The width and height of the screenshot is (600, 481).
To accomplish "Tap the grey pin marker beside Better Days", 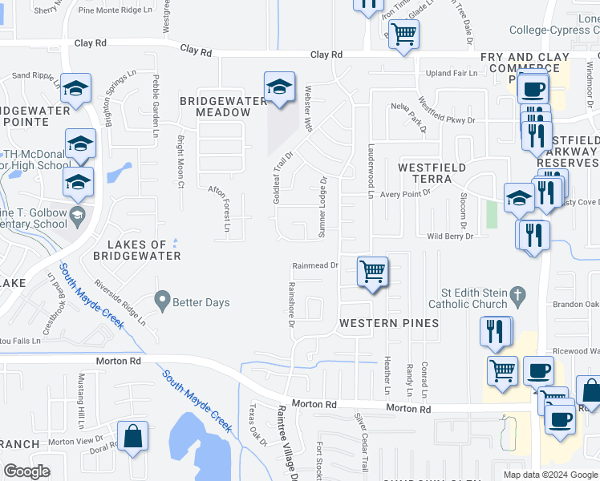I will pos(163,302).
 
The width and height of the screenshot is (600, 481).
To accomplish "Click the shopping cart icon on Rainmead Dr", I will pos(373,272).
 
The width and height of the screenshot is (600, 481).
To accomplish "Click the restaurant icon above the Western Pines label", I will pos(495,330).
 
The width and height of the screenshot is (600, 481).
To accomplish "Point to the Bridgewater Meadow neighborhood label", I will pos(223,107).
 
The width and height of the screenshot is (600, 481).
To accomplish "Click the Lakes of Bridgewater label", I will pos(136,250).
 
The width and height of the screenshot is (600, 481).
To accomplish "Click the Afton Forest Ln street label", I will pos(220,208).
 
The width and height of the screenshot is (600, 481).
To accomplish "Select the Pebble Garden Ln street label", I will pos(156,101).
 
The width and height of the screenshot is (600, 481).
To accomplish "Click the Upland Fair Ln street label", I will pos(452,73).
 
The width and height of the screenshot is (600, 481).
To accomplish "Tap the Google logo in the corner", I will pos(26,471).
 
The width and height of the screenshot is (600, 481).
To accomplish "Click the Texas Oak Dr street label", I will pos(257,424).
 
